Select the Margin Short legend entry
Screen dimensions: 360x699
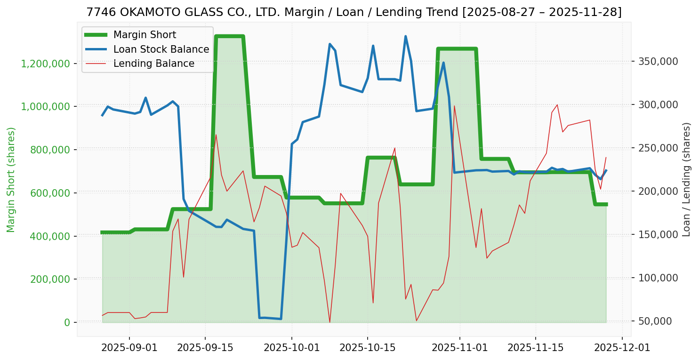click(x=145, y=35)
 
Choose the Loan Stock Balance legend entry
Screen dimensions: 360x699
click(x=161, y=49)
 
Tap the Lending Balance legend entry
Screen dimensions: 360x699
click(x=153, y=64)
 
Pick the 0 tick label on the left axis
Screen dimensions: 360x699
click(x=67, y=322)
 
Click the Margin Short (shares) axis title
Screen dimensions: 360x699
click(x=11, y=179)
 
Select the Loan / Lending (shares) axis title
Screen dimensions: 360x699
click(x=687, y=179)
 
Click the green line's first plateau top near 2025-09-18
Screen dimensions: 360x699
click(x=229, y=36)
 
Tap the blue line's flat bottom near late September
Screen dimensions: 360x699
click(x=270, y=318)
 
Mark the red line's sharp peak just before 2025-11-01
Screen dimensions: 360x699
click(x=454, y=106)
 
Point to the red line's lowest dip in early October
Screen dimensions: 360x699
click(x=329, y=322)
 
